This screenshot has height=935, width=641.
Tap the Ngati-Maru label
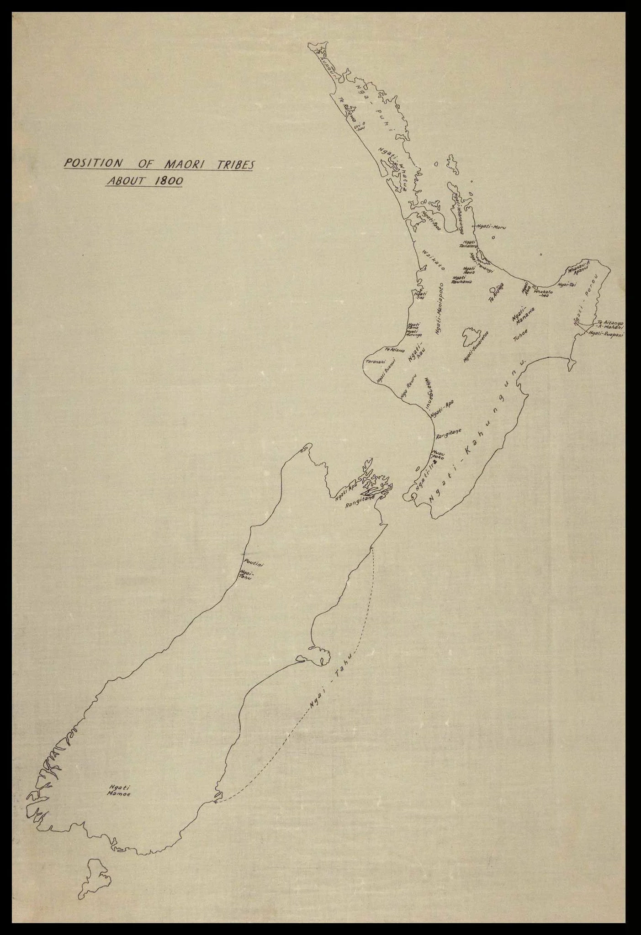pos(492,226)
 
